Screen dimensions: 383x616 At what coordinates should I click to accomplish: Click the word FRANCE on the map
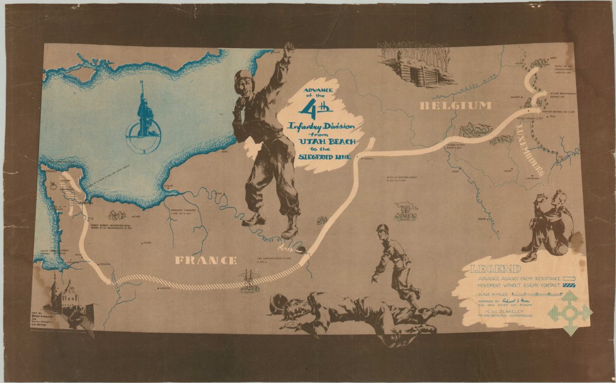tap(205, 261)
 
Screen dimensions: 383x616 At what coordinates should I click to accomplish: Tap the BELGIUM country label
tap(455, 106)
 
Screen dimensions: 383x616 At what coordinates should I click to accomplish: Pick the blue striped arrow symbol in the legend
tap(569, 286)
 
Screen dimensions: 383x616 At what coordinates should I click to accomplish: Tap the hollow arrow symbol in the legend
tap(569, 278)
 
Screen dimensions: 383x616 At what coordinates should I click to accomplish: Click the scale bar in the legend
tap(537, 293)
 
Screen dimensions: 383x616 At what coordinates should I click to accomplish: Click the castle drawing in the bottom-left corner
tap(64, 296)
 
